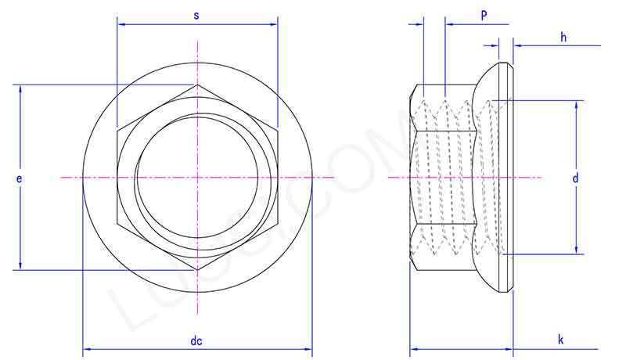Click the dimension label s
pos(196,15)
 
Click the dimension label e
pos(19,179)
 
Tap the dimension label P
pos(484,15)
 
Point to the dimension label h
pos(563,37)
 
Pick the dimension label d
pos(575,178)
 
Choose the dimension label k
pos(561,340)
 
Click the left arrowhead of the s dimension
pos(121,24)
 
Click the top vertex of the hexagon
pos(198,85)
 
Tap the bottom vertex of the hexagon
pos(198,270)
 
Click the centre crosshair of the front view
pos(198,178)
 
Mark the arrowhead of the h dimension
pos(516,45)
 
